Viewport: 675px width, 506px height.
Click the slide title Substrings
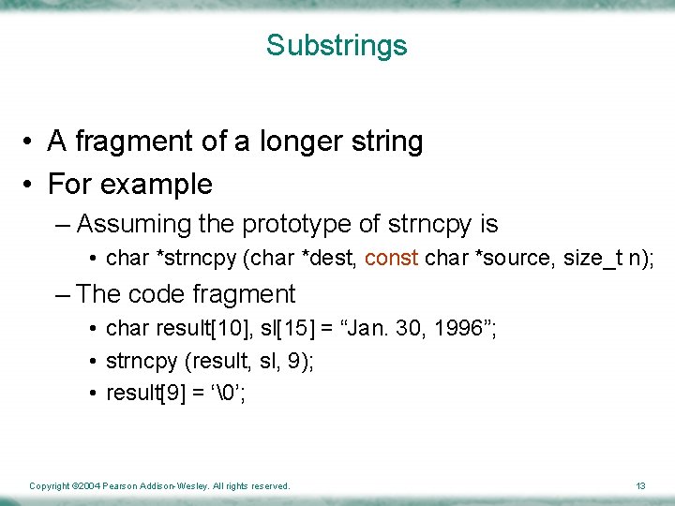coord(337,45)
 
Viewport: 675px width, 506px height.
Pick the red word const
coord(391,258)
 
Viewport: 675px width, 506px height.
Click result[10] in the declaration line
coord(192,329)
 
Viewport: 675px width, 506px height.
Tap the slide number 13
coord(640,486)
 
